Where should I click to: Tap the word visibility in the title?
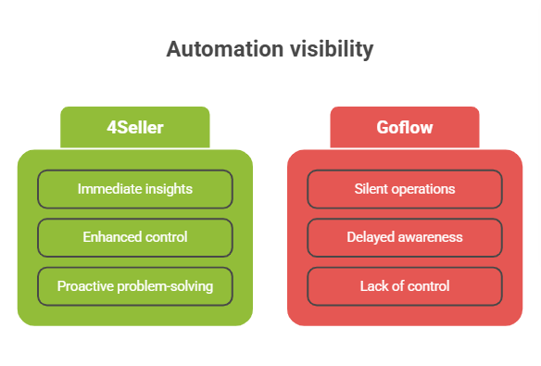[x=331, y=50]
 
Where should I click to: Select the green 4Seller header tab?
[x=134, y=128]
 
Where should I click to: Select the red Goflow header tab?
[x=404, y=128]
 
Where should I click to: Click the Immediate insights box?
[x=134, y=189]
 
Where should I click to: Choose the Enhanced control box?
[x=134, y=237]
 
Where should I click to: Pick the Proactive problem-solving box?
[x=134, y=286]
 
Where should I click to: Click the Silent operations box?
[x=404, y=189]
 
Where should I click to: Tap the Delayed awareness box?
[x=404, y=237]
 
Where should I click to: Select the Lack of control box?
[x=404, y=286]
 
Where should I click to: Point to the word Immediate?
[x=109, y=189]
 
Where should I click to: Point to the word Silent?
[x=372, y=189]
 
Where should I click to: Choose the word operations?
[x=424, y=189]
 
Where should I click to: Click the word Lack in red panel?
[x=373, y=286]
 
